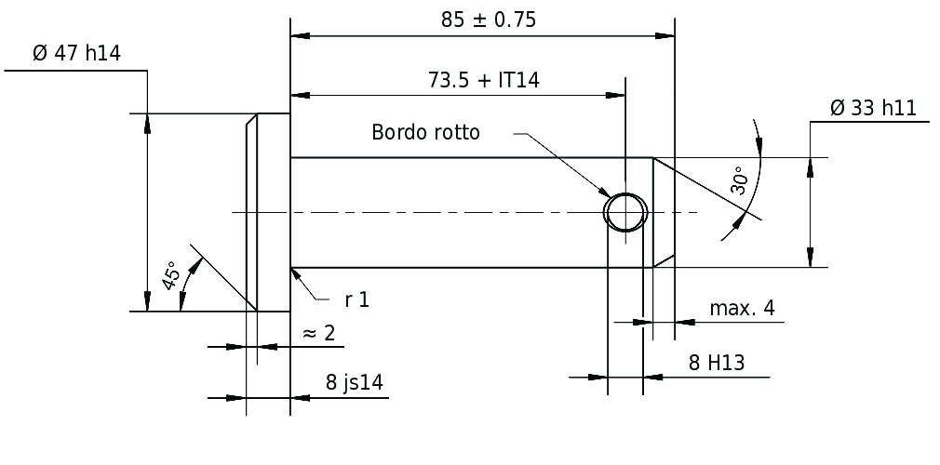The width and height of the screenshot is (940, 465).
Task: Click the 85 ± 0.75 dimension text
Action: [489, 20]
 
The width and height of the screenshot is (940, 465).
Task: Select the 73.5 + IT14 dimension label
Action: [483, 80]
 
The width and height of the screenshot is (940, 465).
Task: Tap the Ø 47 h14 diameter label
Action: [76, 53]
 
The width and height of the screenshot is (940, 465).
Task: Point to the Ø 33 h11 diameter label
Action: [874, 108]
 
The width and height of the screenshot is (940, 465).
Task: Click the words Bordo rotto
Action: [425, 132]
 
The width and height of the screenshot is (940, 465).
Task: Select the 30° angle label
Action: [739, 180]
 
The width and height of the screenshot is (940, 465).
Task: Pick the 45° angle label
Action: [171, 275]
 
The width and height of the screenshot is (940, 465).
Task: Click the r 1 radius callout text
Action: [357, 299]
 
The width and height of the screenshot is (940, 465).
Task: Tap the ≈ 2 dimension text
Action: [319, 333]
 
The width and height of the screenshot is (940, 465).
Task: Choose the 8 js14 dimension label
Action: [355, 381]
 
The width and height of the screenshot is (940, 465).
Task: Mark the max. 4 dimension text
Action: [742, 308]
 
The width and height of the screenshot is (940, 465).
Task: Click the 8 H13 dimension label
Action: [717, 363]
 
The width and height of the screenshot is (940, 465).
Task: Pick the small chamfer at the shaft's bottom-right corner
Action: [664, 261]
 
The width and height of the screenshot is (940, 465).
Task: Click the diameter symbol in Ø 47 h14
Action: [40, 53]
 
